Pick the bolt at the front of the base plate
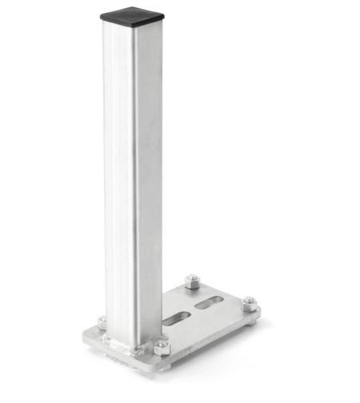[159, 347]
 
